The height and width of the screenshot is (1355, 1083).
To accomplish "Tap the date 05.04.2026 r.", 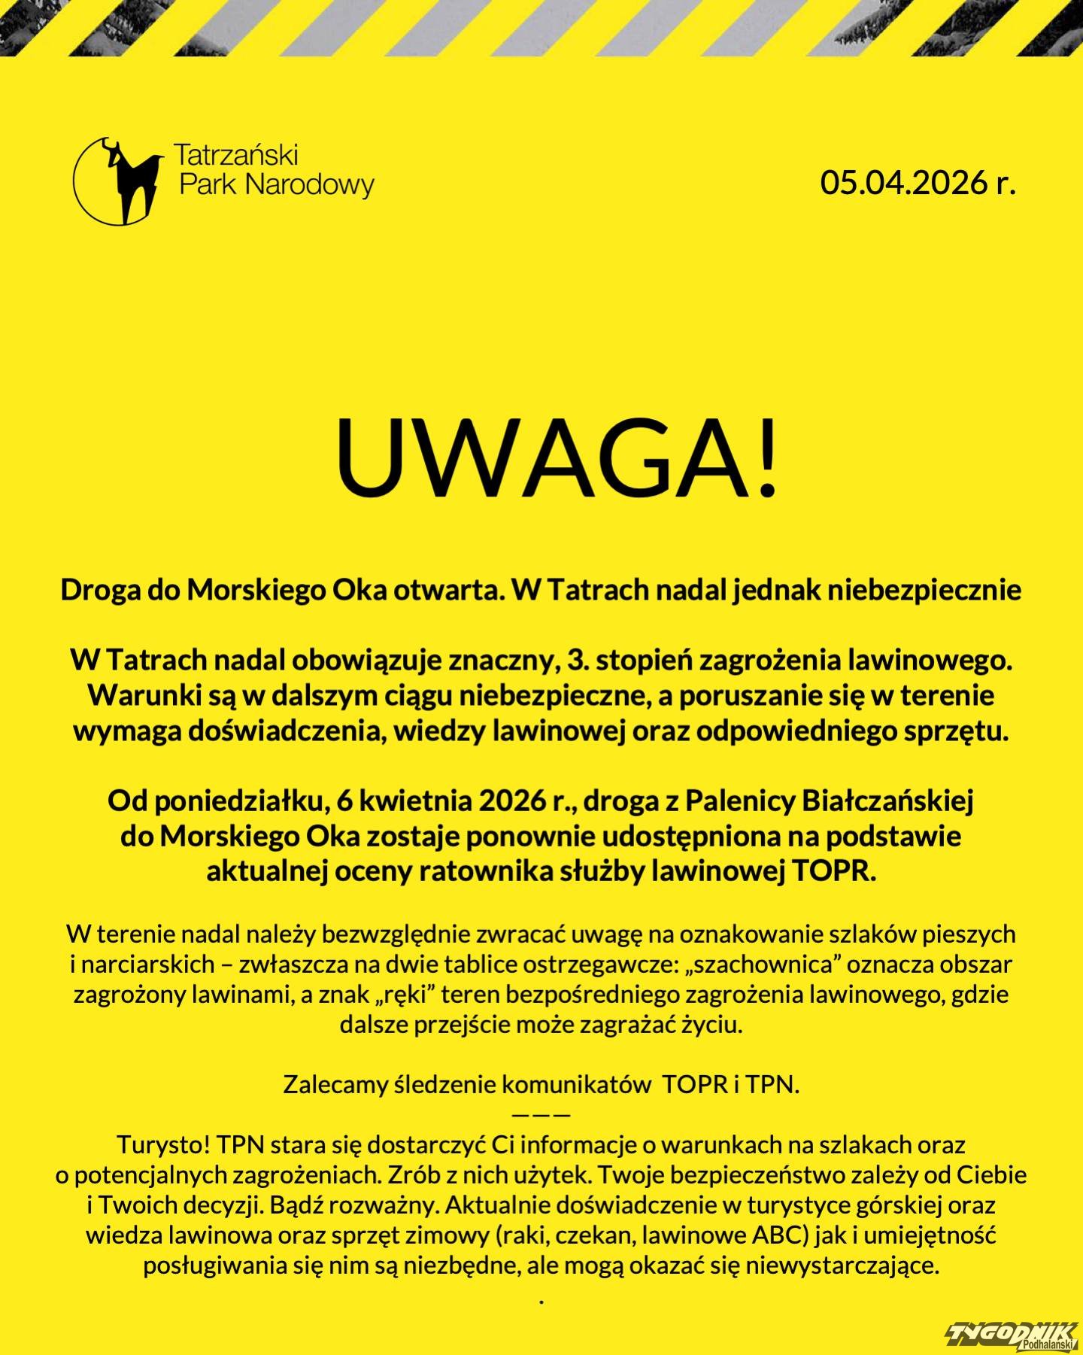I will coord(918,182).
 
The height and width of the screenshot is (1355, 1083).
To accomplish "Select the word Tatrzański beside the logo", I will coord(236,155).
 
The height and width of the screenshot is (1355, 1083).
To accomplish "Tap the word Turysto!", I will coord(163,1144).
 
